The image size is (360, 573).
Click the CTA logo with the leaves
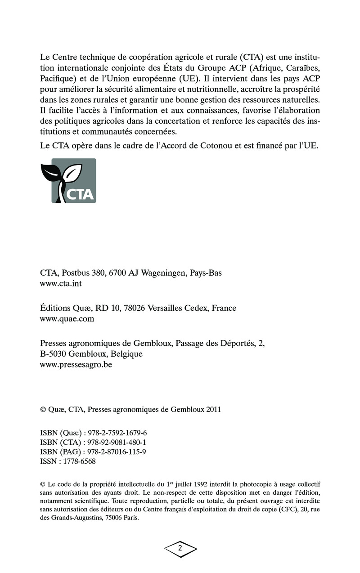[x=68, y=181]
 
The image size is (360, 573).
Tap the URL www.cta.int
[x=61, y=284]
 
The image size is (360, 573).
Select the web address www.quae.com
[x=67, y=319]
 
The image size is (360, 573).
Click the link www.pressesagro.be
[x=76, y=365]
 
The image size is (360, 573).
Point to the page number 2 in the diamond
[x=180, y=548]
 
